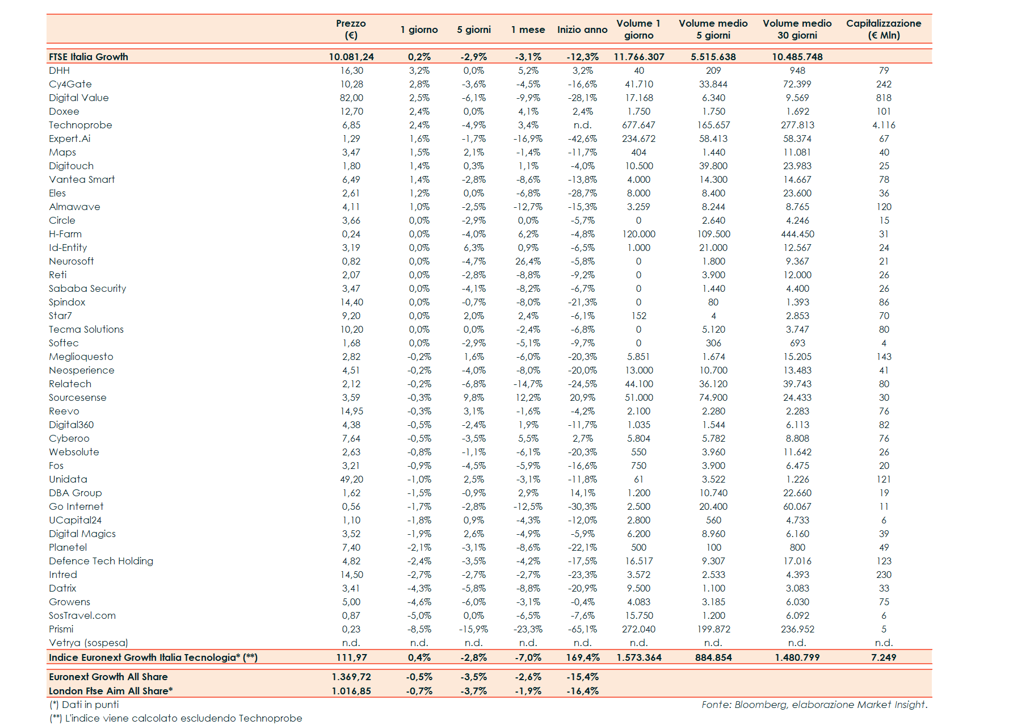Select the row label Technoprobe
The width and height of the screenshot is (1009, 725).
(81, 125)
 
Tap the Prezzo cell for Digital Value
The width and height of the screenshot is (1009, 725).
(351, 98)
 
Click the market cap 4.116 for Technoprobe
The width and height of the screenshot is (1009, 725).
(884, 125)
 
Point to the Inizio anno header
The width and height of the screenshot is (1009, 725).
(582, 30)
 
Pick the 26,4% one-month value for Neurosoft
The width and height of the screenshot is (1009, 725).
(528, 261)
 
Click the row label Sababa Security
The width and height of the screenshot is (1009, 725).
(87, 288)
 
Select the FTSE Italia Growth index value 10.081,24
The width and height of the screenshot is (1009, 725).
(351, 57)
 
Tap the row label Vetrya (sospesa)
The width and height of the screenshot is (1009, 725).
(89, 643)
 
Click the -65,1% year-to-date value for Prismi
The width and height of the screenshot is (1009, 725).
(582, 629)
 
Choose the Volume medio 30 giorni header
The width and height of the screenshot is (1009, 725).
(797, 29)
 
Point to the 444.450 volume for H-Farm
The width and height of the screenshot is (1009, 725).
(797, 234)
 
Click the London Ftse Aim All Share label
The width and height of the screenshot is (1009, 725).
(111, 691)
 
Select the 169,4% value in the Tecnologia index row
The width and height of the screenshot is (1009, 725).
(582, 657)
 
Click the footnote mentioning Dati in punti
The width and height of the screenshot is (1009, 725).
(85, 705)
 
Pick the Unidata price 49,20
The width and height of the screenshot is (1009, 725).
(351, 479)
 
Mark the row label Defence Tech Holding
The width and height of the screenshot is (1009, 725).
(101, 561)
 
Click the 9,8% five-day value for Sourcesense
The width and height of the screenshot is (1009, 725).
(473, 397)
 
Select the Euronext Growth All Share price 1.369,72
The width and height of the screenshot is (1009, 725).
(351, 677)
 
